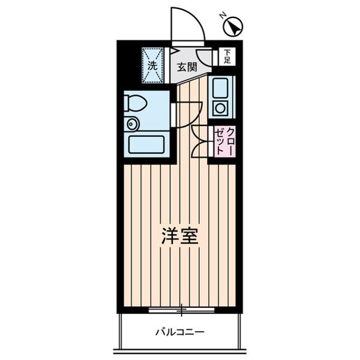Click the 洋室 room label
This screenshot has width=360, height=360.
180,235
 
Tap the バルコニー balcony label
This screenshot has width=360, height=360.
180,331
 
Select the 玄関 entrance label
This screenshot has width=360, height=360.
186,67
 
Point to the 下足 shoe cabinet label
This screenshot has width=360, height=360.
227,57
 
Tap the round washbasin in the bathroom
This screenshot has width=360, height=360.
132,124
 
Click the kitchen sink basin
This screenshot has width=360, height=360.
220,90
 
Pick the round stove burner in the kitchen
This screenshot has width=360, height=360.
220,109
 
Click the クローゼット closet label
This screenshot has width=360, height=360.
226,142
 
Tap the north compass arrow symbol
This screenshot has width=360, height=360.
235,26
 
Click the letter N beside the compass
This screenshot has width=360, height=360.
223,16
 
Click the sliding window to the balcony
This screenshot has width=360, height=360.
181,310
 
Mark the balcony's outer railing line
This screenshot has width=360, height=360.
180,351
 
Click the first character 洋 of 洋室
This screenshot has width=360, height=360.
169,235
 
